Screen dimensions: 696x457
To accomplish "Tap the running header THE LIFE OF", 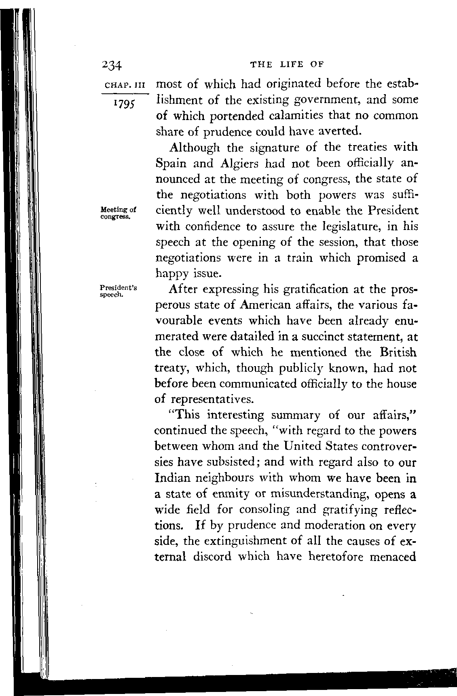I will click(288, 64).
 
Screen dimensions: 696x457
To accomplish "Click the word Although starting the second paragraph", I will click(196, 148).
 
